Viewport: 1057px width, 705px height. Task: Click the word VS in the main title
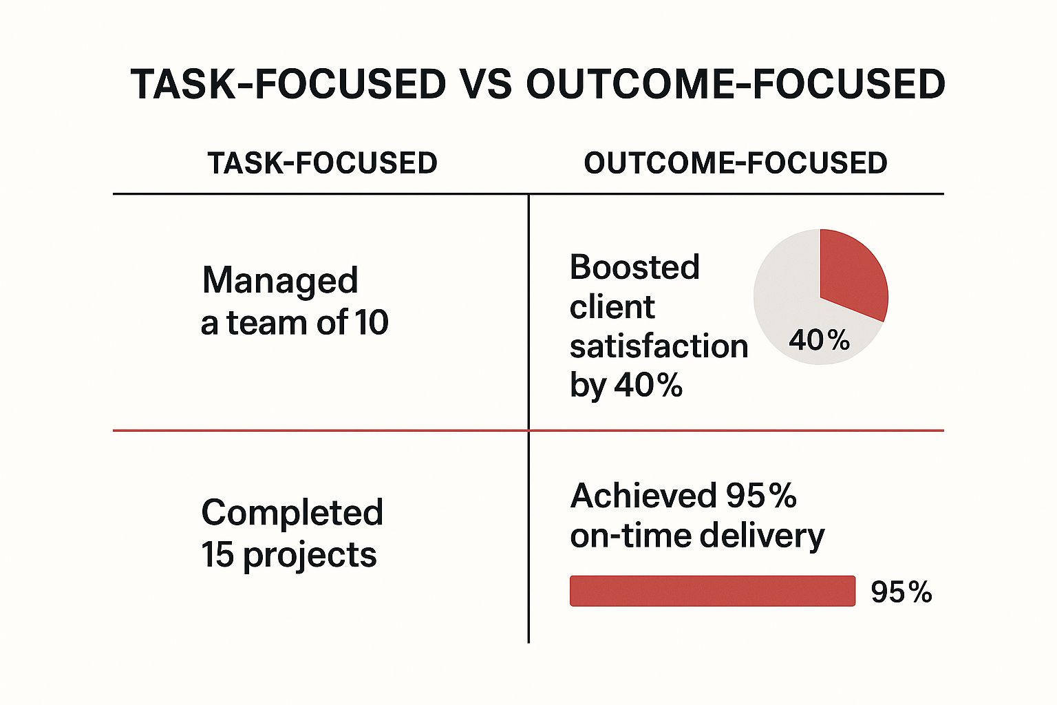(x=485, y=85)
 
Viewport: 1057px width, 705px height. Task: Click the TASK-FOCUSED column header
(x=322, y=163)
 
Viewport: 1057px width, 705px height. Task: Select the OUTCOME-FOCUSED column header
(x=735, y=163)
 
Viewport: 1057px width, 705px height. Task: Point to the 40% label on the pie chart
(x=819, y=340)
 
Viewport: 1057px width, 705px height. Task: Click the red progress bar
(x=712, y=591)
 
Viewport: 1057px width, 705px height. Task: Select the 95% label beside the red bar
(x=901, y=592)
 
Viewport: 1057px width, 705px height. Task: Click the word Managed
(x=280, y=281)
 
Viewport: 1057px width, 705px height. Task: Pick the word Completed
(x=292, y=513)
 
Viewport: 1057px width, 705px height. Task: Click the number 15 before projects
(x=217, y=555)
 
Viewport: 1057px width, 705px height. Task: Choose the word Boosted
(x=634, y=267)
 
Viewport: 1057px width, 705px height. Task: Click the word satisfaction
(x=659, y=346)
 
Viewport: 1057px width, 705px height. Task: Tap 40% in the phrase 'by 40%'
(x=648, y=386)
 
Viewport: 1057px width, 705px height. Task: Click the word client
(x=612, y=307)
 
